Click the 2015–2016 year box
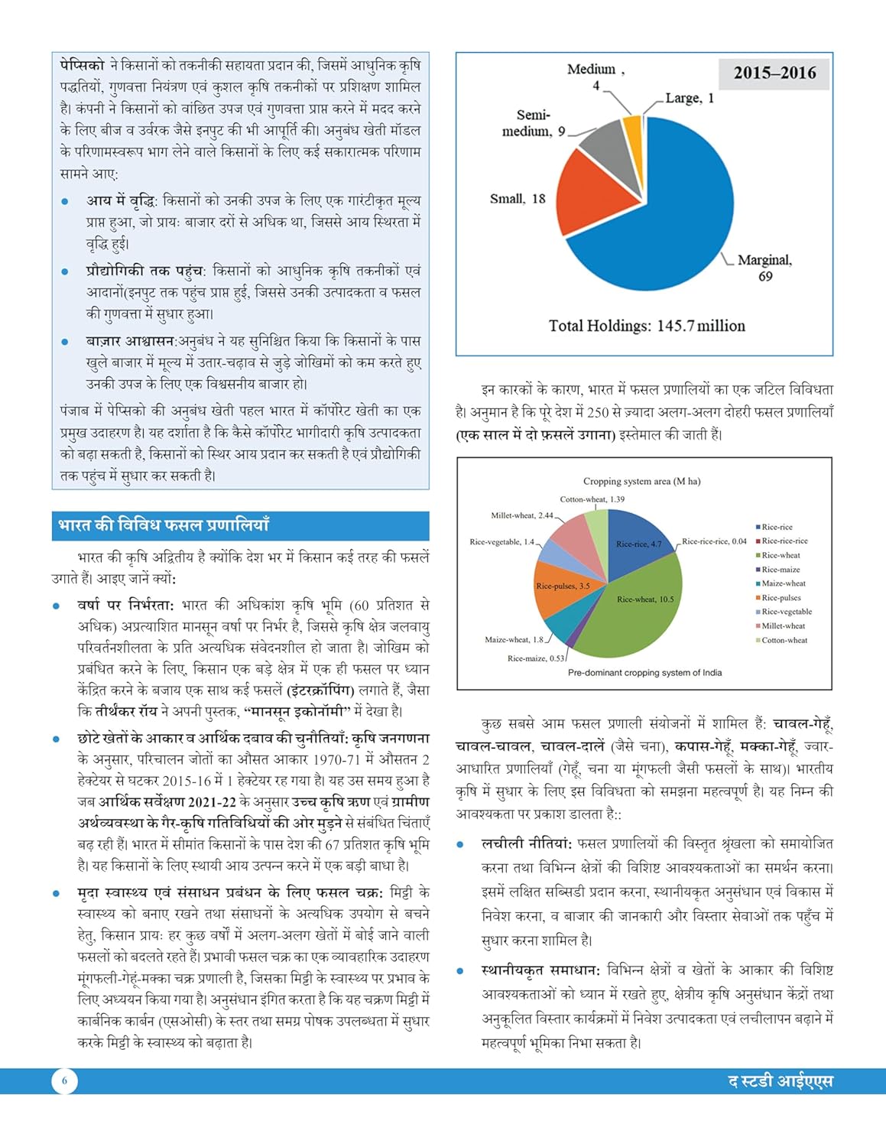pyautogui.click(x=774, y=73)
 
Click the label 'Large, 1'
pyautogui.click(x=690, y=98)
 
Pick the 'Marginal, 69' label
pyautogui.click(x=764, y=268)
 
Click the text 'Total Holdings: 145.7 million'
pyautogui.click(x=647, y=326)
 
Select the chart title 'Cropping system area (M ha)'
pyautogui.click(x=641, y=481)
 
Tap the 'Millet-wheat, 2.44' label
pyautogui.click(x=522, y=515)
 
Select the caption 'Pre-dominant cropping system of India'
pyautogui.click(x=644, y=673)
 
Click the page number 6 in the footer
pyautogui.click(x=64, y=1080)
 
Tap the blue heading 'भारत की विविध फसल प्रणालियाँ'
pyautogui.click(x=164, y=526)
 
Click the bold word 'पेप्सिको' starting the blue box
pyautogui.click(x=82, y=66)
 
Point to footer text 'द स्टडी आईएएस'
pyautogui.click(x=780, y=1081)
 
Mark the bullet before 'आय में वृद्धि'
pyautogui.click(x=66, y=202)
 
